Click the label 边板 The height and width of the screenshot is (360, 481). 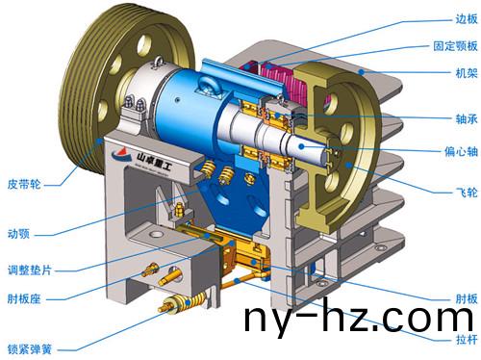point(467,19)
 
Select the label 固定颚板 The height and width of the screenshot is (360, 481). point(455,46)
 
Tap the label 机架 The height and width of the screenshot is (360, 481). point(467,73)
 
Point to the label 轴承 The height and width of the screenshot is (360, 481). point(467,119)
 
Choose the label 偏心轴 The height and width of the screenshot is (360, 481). point(461,151)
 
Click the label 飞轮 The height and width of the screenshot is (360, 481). point(467,193)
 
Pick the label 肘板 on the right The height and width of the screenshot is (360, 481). point(467,298)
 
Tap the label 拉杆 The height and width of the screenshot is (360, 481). point(467,339)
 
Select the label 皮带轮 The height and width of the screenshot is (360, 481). point(24,184)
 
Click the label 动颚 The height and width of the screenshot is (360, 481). point(18,234)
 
